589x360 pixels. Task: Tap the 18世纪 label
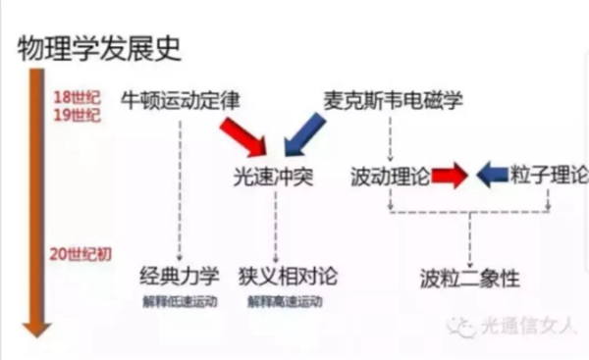tap(72, 96)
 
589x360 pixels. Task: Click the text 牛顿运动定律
tap(180, 101)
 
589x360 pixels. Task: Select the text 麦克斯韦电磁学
tap(393, 101)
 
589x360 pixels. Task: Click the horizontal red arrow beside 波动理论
tap(449, 177)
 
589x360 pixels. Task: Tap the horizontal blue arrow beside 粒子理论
tap(494, 177)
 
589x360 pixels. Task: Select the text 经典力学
tap(180, 275)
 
